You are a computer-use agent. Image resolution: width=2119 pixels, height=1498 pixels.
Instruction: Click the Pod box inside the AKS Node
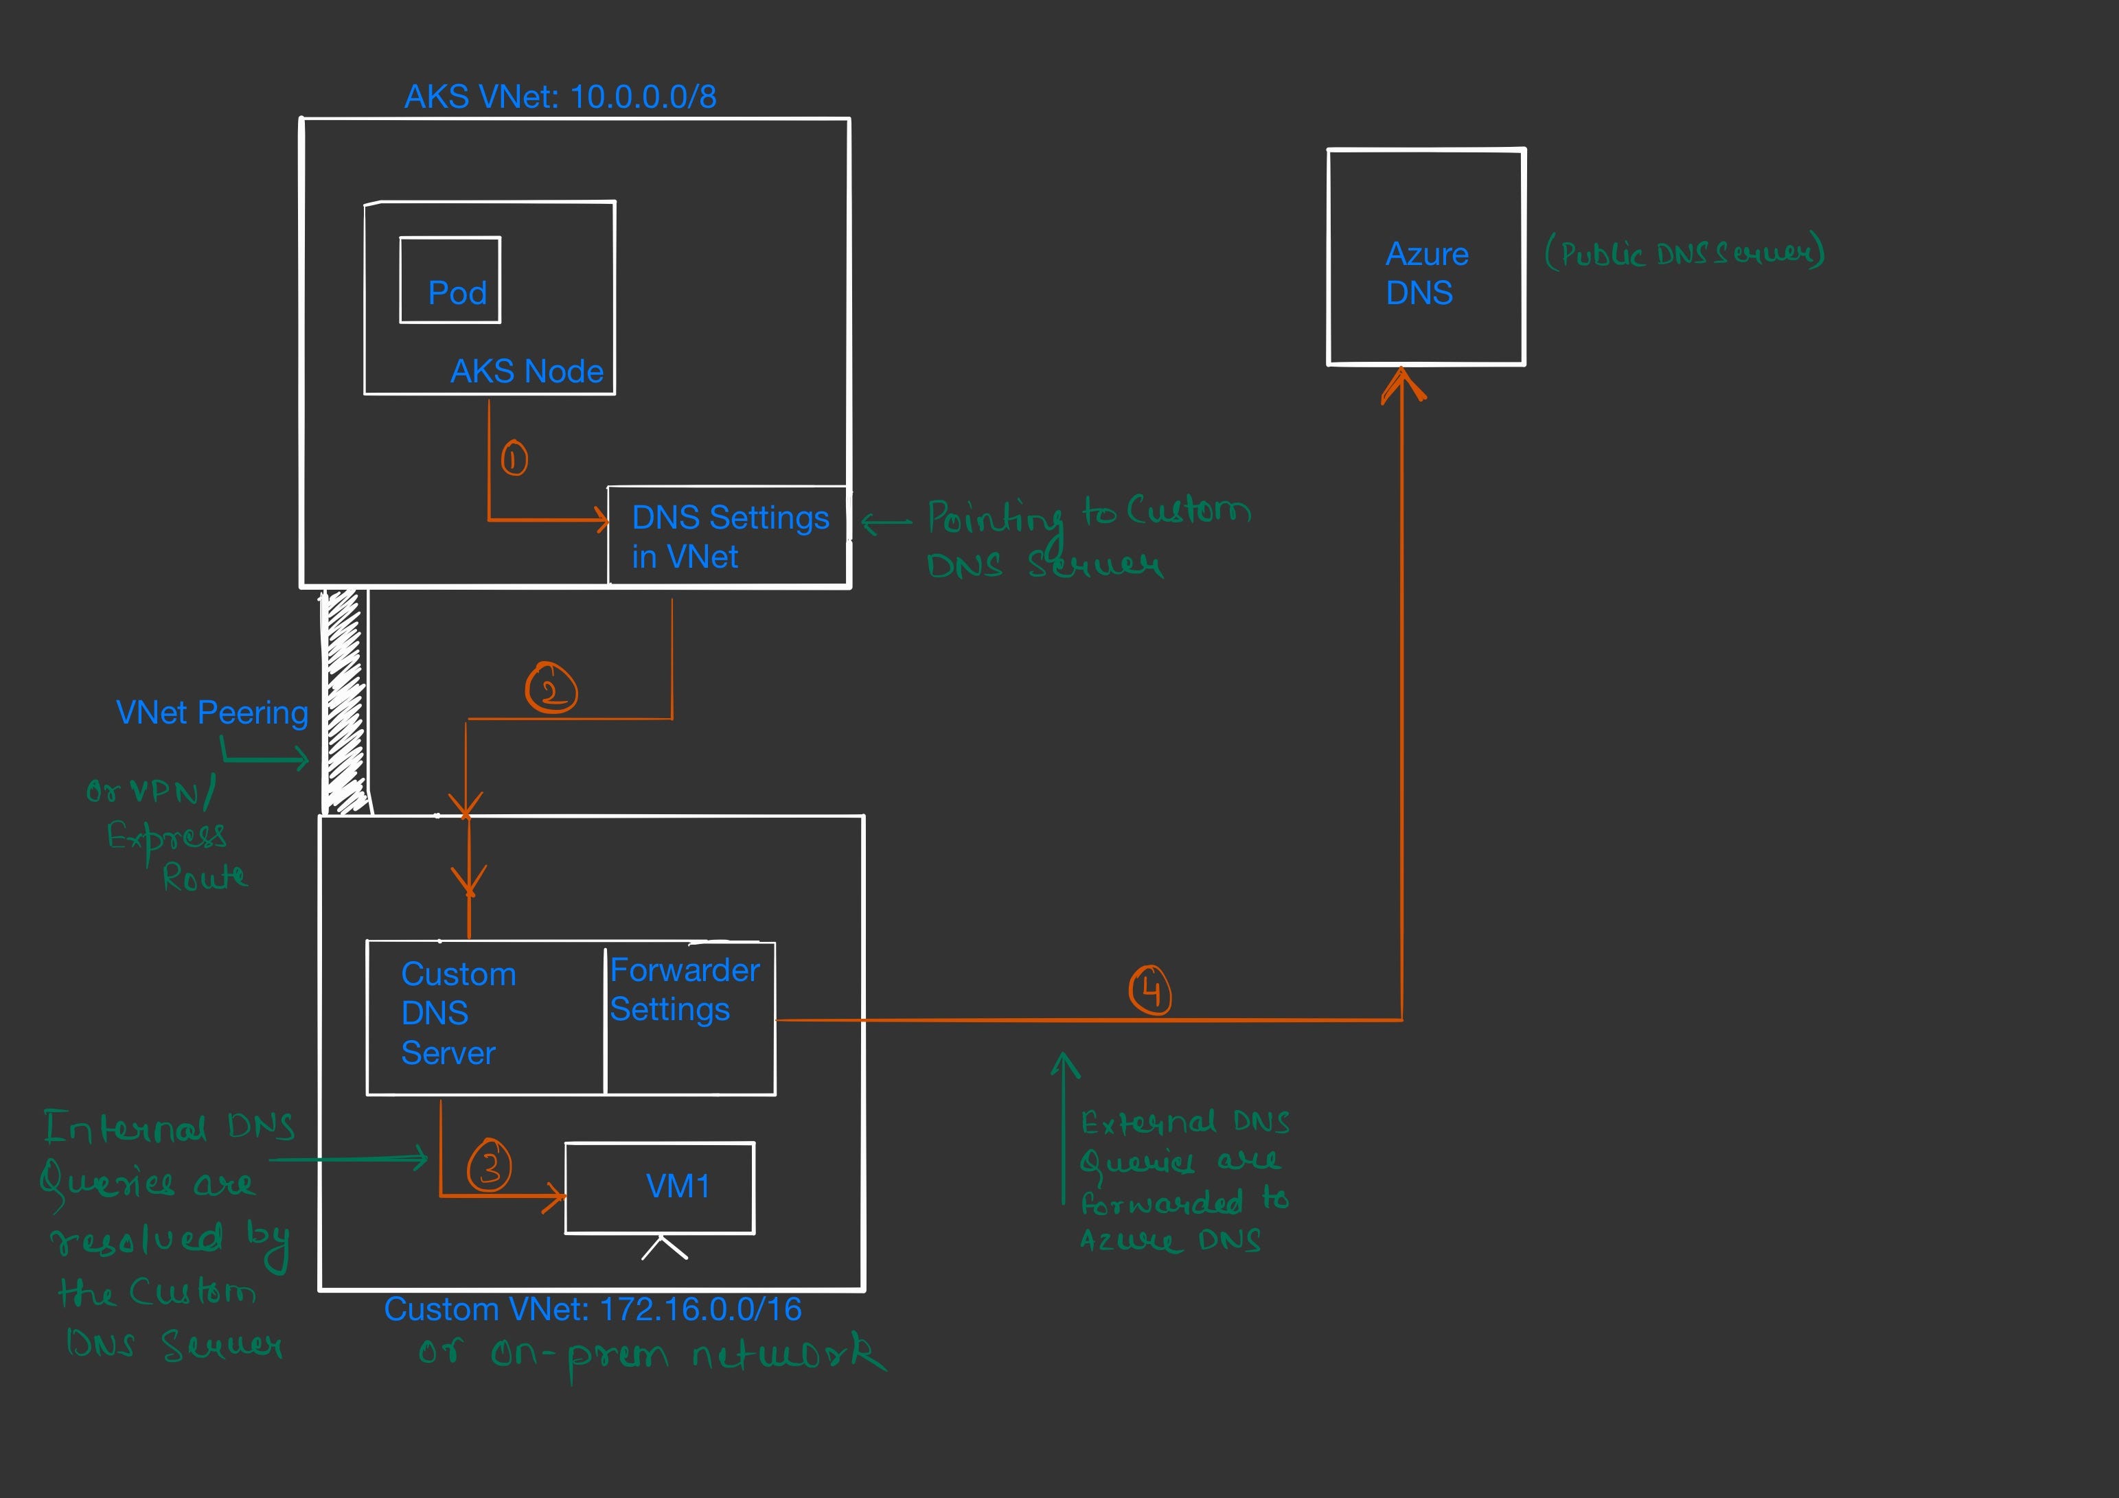point(450,281)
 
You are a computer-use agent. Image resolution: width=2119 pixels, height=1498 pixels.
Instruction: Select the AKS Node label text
point(526,371)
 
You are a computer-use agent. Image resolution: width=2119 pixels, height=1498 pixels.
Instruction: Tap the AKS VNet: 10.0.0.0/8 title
point(560,97)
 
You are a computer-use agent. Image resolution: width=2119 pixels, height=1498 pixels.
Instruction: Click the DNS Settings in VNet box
point(728,536)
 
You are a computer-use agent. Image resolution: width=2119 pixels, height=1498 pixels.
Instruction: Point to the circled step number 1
point(514,459)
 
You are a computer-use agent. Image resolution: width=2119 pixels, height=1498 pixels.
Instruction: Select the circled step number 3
point(489,1165)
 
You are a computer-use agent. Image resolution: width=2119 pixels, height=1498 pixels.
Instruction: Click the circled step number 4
point(1150,991)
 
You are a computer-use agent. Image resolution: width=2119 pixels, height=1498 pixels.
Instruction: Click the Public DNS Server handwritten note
point(1684,253)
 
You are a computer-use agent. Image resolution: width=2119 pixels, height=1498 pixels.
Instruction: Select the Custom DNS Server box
point(485,1018)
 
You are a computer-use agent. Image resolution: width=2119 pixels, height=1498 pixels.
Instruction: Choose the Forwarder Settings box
point(690,1018)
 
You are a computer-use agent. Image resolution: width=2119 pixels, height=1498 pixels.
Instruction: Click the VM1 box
point(660,1188)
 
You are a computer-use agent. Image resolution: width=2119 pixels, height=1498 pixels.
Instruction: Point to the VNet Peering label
point(211,713)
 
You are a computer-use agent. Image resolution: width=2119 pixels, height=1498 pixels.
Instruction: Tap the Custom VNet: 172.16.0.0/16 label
point(593,1309)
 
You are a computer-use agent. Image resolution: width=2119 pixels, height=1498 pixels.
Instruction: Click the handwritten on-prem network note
point(651,1355)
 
